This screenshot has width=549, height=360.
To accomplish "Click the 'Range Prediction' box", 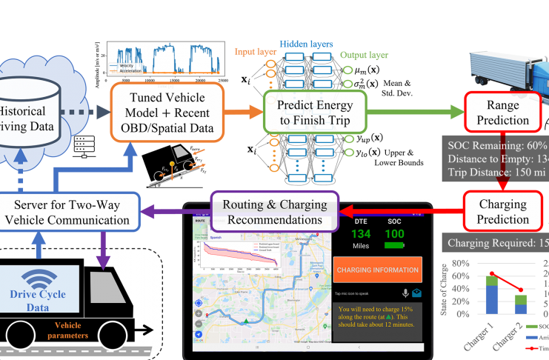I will pos(496,112).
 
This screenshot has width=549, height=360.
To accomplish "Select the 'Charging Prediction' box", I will pos(496,211).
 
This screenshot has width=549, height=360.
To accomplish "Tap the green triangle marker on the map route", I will pos(244,320).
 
